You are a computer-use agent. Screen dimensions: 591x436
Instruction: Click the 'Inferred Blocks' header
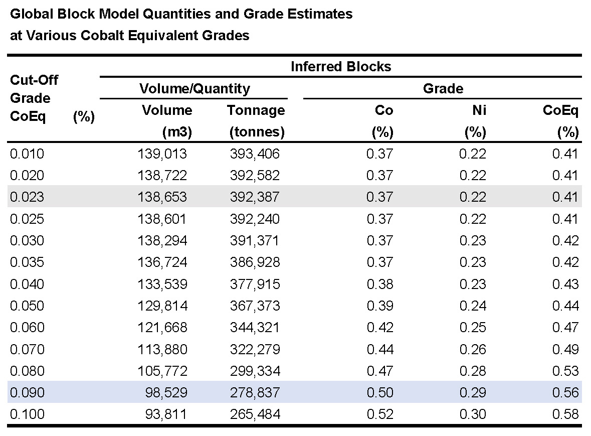(x=341, y=66)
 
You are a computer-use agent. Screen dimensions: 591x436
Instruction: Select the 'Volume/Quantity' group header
(x=194, y=89)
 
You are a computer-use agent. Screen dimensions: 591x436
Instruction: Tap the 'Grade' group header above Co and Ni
(x=443, y=88)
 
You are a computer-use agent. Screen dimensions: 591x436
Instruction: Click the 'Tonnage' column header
(x=256, y=110)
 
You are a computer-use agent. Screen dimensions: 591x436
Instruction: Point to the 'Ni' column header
(x=479, y=110)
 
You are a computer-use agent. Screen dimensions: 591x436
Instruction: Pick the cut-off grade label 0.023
(x=27, y=197)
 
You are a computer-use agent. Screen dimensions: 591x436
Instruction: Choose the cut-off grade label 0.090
(x=27, y=393)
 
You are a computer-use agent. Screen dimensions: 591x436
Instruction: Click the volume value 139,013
(x=162, y=154)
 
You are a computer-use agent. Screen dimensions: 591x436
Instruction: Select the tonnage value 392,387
(x=255, y=197)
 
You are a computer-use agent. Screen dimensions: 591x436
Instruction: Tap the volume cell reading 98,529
(x=166, y=393)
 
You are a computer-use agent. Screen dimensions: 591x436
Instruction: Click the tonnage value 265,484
(x=255, y=414)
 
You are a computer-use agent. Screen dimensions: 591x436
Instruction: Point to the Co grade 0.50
(x=380, y=393)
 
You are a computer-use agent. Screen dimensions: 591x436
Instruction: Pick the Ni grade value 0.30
(x=473, y=414)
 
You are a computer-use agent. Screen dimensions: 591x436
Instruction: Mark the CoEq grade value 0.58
(x=565, y=414)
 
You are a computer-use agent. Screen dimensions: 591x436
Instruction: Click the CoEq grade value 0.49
(x=565, y=349)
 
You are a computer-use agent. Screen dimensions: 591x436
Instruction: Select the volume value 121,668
(x=162, y=328)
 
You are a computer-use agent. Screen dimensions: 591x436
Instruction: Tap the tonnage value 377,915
(x=255, y=284)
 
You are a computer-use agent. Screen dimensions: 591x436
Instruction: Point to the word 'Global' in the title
(x=32, y=14)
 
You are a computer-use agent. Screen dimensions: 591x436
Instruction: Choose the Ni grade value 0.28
(x=473, y=371)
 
